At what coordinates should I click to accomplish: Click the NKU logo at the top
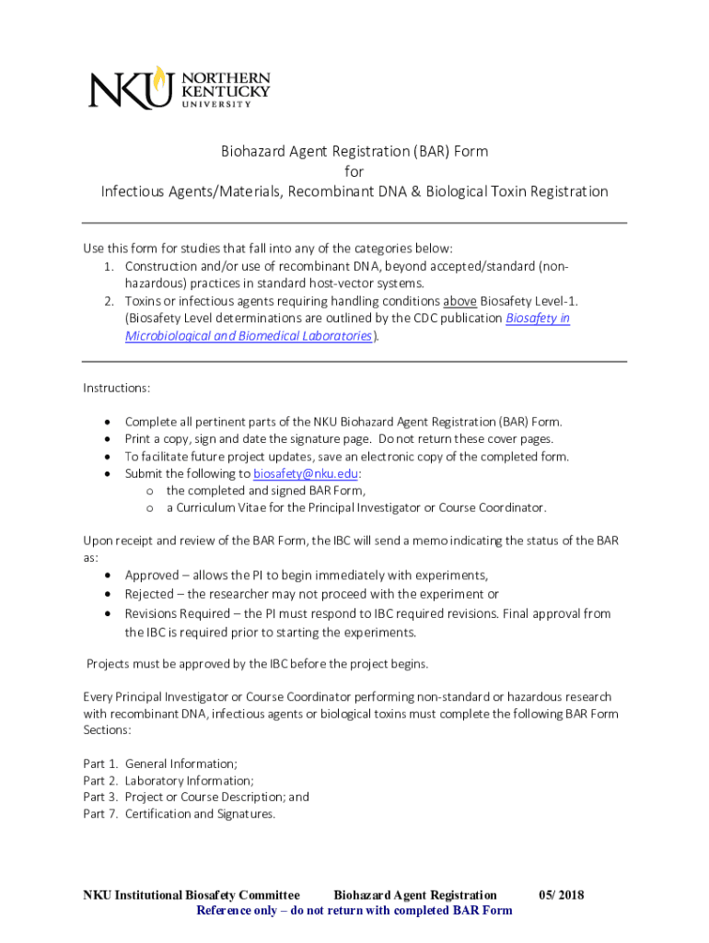tap(180, 87)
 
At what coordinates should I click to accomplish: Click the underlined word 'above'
tap(459, 301)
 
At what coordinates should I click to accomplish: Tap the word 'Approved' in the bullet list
tap(153, 575)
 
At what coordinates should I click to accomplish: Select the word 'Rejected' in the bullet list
tap(151, 594)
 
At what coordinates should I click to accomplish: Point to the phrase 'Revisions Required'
tap(177, 613)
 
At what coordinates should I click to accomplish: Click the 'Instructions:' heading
tap(117, 388)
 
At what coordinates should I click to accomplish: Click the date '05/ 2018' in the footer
tap(562, 895)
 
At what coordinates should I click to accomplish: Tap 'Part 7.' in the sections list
tap(100, 813)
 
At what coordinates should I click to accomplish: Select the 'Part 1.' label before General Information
tap(100, 763)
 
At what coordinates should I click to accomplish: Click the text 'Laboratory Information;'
tap(189, 780)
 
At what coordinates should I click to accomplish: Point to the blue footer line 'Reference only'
tap(354, 911)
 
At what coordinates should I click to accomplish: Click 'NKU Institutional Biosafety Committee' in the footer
tap(192, 895)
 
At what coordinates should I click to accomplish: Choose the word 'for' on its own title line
tap(354, 171)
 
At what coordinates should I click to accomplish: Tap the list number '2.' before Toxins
tap(108, 301)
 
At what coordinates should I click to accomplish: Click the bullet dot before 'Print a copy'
tap(109, 439)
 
